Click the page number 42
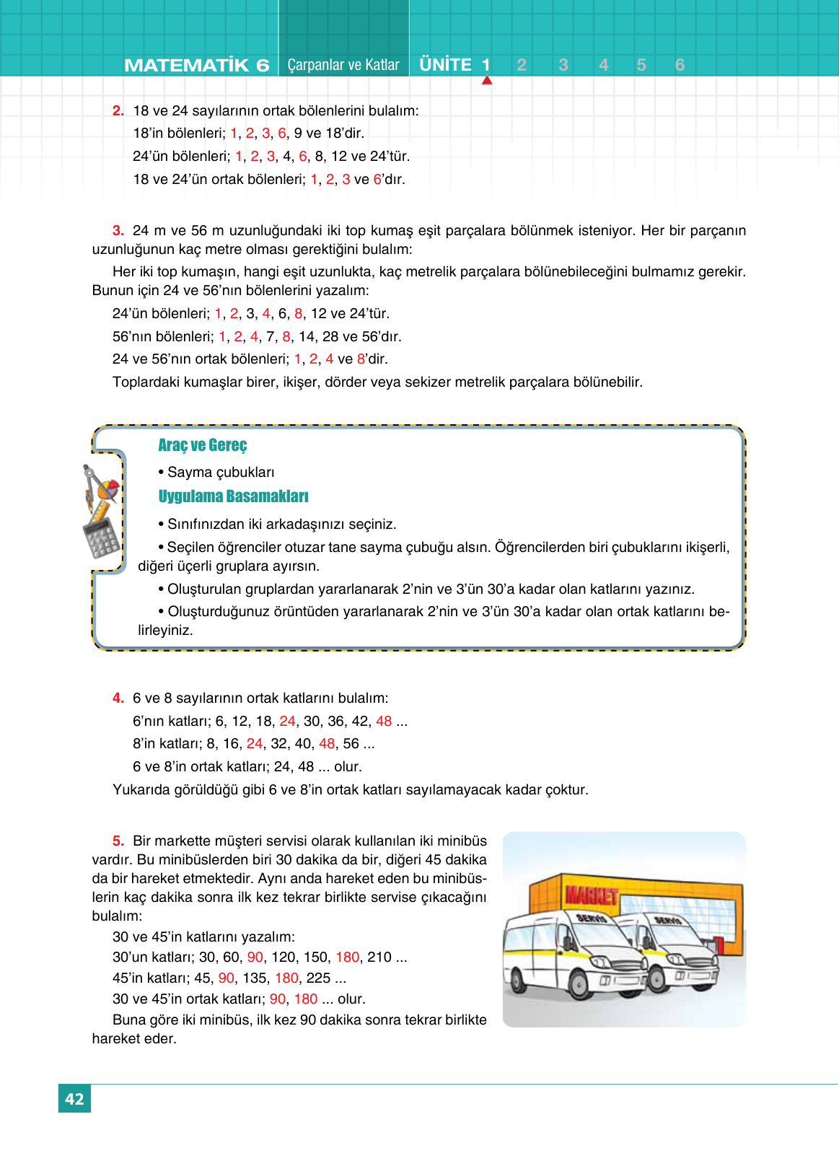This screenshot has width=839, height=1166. coord(74,1099)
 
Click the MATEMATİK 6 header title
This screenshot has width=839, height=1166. coord(196,65)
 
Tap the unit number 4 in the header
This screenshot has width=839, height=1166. coord(604,65)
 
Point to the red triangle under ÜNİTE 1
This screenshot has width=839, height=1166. coord(487,81)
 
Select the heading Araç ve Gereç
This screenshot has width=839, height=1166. coord(202,445)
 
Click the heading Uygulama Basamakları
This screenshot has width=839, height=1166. coord(233,496)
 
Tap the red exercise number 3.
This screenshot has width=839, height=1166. coord(118,231)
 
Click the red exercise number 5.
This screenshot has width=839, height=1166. coord(118,841)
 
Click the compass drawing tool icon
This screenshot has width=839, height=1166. coord(92,483)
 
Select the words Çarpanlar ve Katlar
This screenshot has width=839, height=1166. coord(343,65)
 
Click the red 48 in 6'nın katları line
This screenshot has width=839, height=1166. coord(384,722)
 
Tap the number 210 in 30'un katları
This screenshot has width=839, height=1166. coord(379,957)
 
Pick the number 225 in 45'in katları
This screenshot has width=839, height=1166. coord(318,978)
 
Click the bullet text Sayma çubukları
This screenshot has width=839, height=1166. coord(221,473)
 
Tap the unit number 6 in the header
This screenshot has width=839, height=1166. coord(680,65)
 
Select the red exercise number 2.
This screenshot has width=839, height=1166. coord(118,111)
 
